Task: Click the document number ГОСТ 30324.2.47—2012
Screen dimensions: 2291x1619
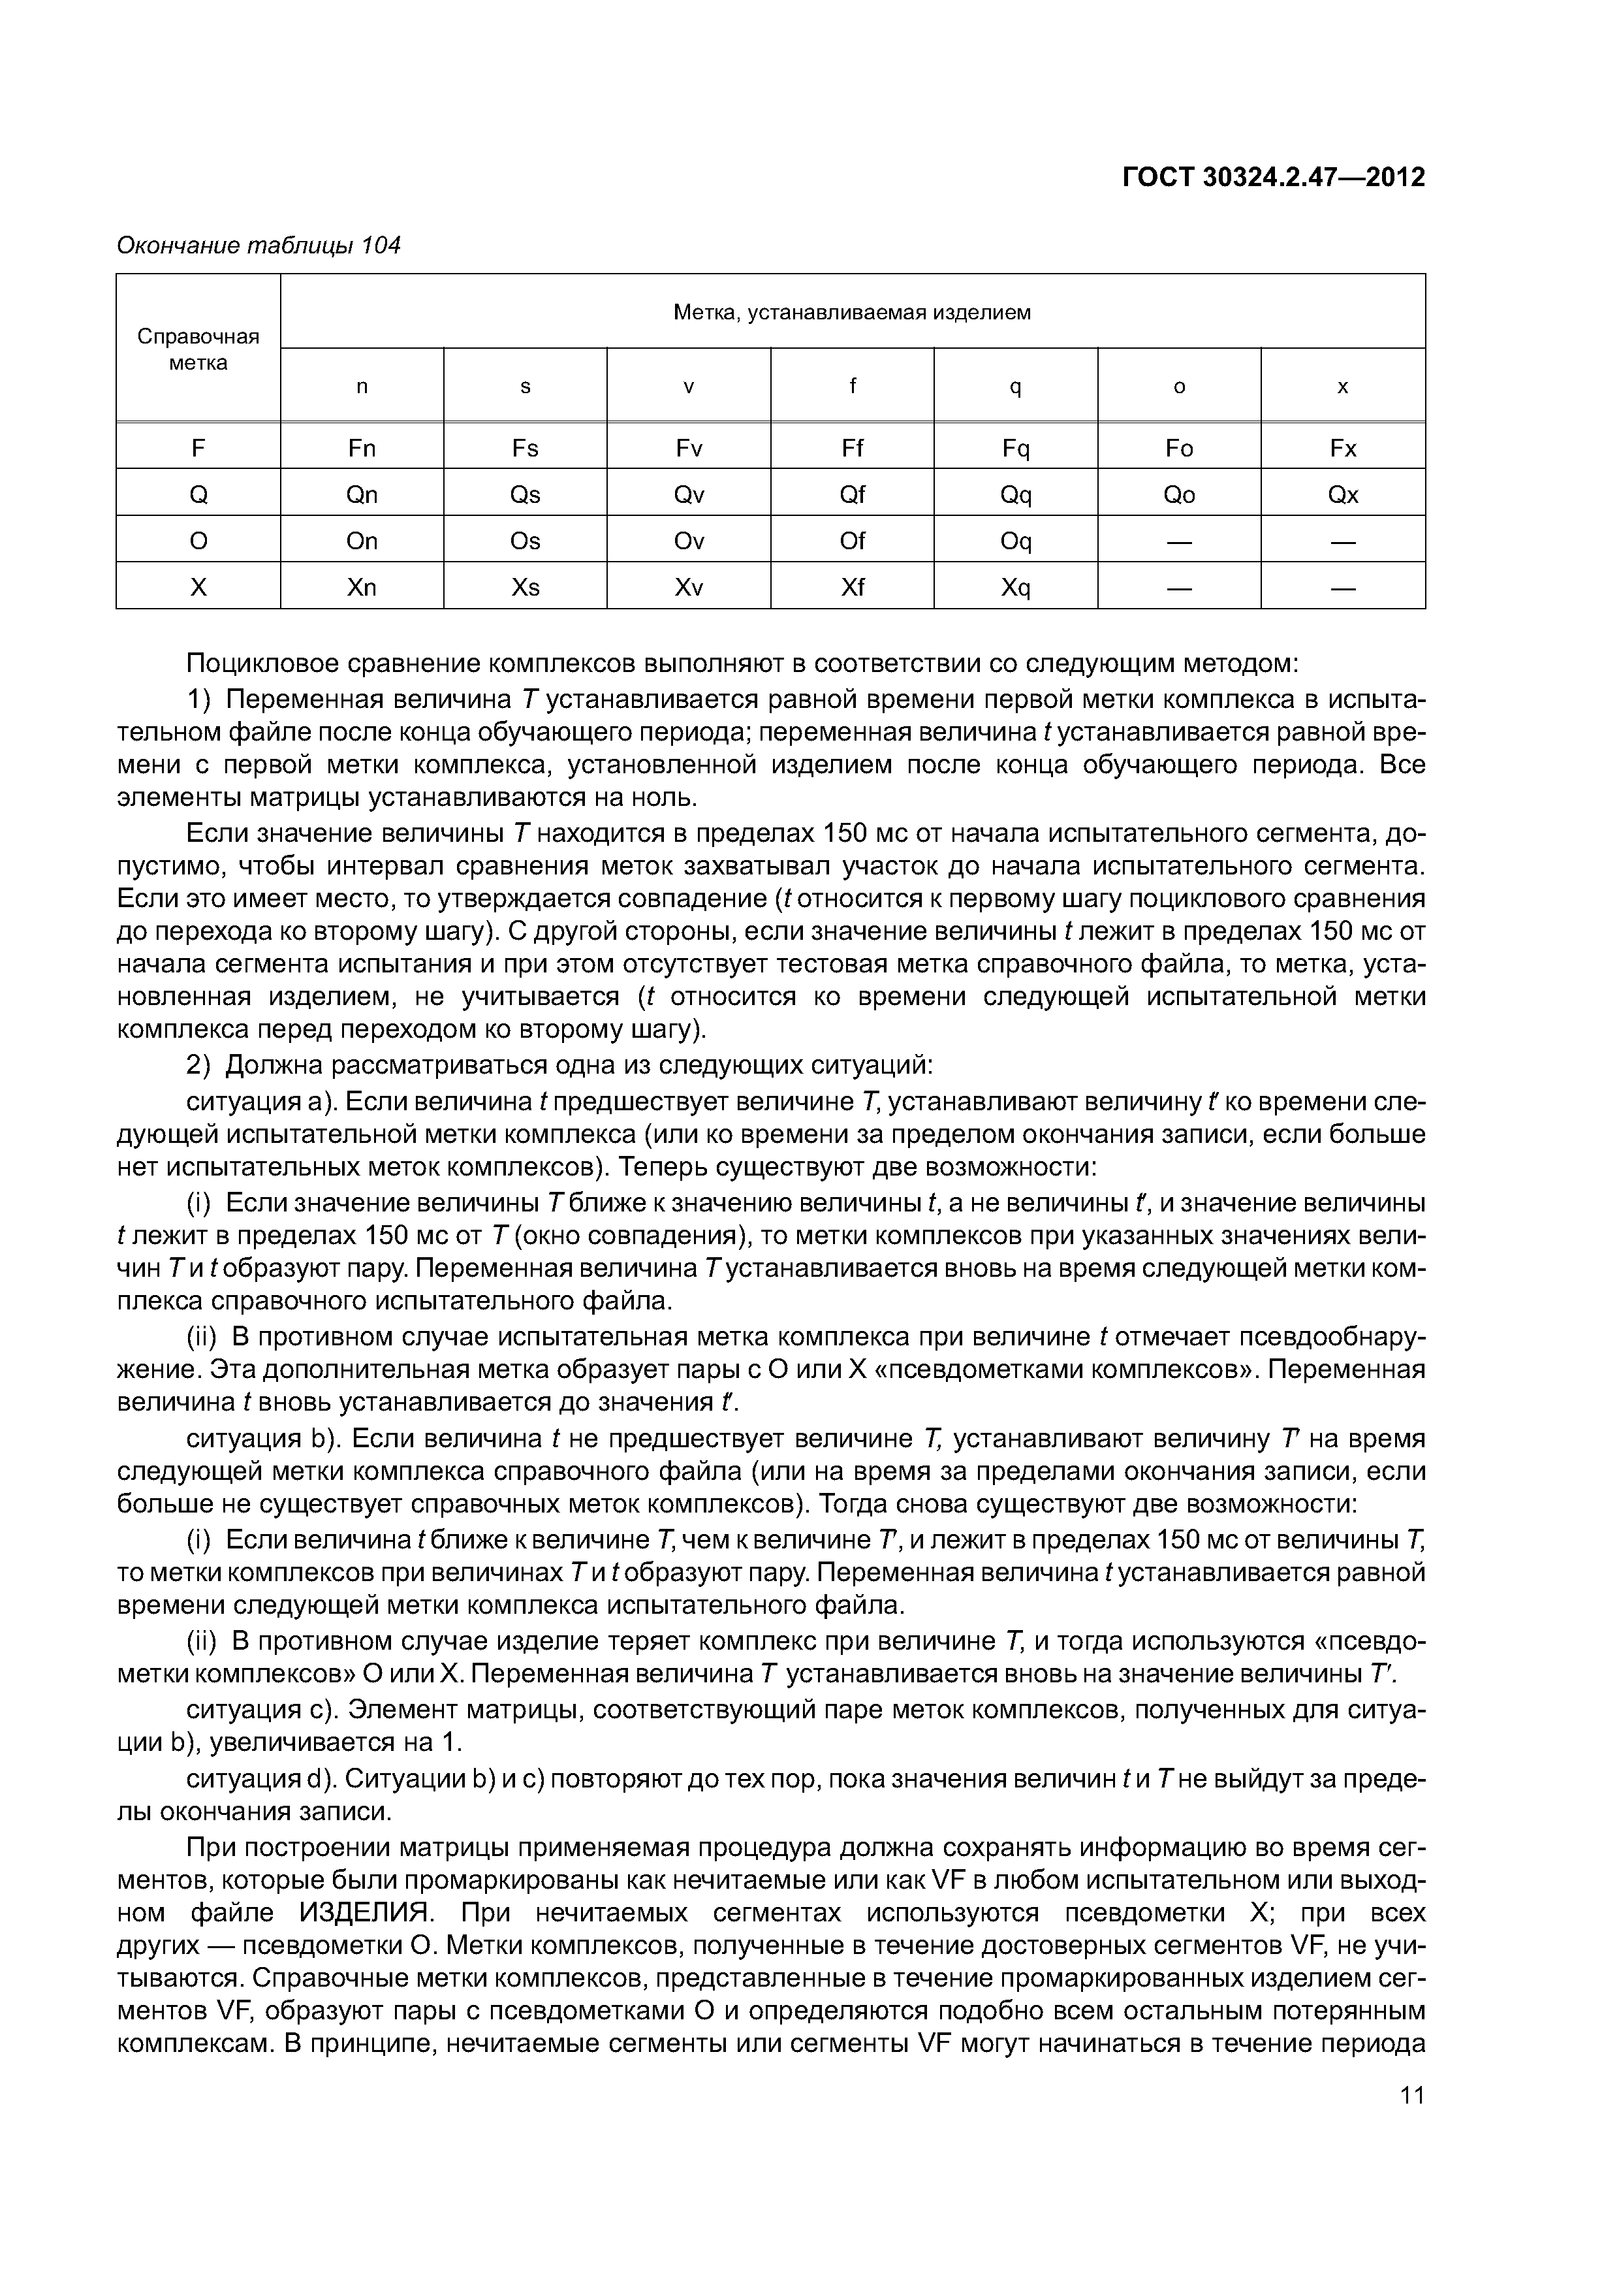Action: [x=1273, y=178]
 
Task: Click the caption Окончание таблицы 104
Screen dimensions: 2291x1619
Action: [x=259, y=246]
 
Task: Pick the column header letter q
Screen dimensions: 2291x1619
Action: [x=1016, y=387]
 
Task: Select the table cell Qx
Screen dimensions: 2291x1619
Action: [x=1343, y=495]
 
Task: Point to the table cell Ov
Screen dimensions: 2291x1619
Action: [x=688, y=541]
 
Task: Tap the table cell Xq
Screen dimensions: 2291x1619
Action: [x=1016, y=588]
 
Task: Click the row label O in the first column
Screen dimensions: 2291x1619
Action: [x=198, y=541]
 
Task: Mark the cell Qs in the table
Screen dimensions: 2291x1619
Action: [x=525, y=495]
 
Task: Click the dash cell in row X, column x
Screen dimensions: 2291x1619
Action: [x=1343, y=588]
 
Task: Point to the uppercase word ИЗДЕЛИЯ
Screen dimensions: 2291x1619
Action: [x=365, y=1913]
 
